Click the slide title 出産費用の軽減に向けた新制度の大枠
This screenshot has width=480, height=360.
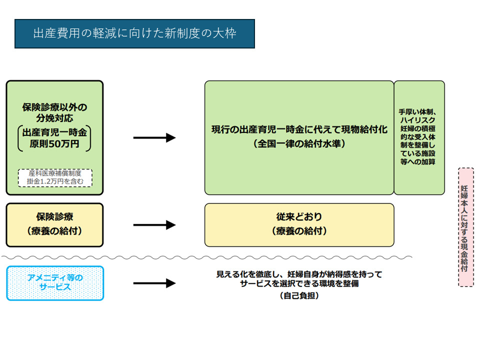[134, 34]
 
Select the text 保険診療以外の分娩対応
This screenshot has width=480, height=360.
[55, 113]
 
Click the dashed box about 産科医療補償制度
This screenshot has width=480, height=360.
[55, 177]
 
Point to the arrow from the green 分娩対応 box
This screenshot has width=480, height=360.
[154, 138]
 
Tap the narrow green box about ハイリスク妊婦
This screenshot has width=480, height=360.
[419, 137]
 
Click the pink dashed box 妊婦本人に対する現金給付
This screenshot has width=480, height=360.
[466, 227]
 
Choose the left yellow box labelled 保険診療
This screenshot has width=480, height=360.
[55, 224]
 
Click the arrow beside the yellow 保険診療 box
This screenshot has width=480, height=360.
[154, 225]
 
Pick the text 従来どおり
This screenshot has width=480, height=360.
[299, 217]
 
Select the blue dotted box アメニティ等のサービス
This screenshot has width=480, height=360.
[55, 283]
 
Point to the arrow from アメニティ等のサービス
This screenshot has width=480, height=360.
[154, 283]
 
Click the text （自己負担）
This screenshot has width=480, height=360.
[299, 296]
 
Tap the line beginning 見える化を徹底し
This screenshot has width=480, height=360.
[299, 274]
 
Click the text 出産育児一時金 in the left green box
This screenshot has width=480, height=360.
[55, 133]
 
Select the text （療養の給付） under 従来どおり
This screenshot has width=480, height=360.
[299, 231]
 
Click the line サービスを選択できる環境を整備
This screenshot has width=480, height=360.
[299, 284]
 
